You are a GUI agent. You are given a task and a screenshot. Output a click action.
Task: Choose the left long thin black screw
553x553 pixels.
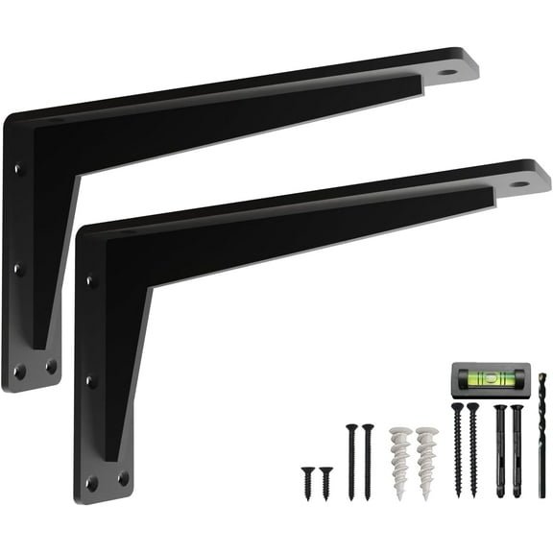pyautogui.click(x=350, y=461)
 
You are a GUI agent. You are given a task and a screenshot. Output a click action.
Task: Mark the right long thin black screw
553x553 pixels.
pyautogui.click(x=368, y=461)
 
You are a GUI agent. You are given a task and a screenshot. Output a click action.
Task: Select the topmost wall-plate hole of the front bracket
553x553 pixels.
pyautogui.click(x=90, y=281)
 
